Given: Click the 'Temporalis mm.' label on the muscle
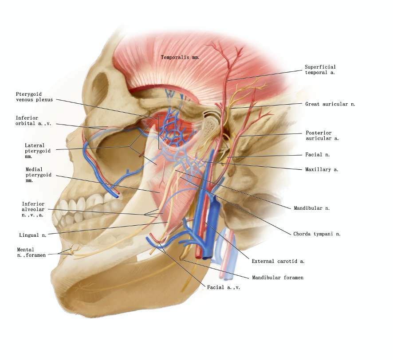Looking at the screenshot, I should [180, 57].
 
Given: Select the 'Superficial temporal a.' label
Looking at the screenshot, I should [320, 70].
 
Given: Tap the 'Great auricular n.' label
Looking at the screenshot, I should [330, 104].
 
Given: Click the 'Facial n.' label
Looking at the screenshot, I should [317, 155].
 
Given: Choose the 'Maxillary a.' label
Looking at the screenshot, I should [322, 169].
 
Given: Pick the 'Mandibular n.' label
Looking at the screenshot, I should [311, 207].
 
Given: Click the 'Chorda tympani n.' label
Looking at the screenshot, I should [317, 234].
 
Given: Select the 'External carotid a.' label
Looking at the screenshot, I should [278, 261].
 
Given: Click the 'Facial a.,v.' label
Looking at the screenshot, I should [224, 287].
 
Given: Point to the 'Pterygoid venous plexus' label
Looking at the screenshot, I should [34, 97].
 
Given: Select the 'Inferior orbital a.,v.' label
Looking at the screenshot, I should [33, 121].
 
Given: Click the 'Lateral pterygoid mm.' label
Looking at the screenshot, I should [37, 151].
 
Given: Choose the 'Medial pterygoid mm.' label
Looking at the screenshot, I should [38, 175].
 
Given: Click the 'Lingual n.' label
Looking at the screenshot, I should [32, 235].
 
